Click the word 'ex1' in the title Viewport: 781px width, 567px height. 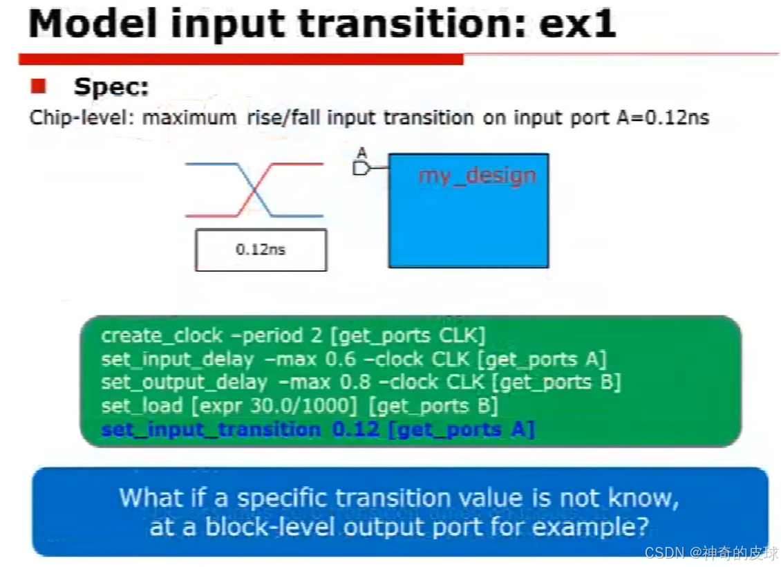578,24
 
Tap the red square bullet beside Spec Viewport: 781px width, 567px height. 38,86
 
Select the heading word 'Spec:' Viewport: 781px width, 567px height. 111,86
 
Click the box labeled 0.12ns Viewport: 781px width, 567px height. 261,250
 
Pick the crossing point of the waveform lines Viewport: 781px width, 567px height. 254,190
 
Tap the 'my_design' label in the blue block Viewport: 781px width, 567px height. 477,176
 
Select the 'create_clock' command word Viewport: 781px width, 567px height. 161,336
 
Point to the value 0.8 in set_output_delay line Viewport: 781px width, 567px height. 355,382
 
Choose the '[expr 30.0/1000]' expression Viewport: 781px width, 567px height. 274,406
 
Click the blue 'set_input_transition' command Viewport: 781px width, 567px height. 211,429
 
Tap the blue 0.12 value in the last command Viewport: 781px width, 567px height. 356,429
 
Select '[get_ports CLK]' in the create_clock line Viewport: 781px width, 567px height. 408,336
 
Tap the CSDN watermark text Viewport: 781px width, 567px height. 711,552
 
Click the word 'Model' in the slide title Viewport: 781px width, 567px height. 93,24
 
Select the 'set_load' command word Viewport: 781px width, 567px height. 142,406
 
